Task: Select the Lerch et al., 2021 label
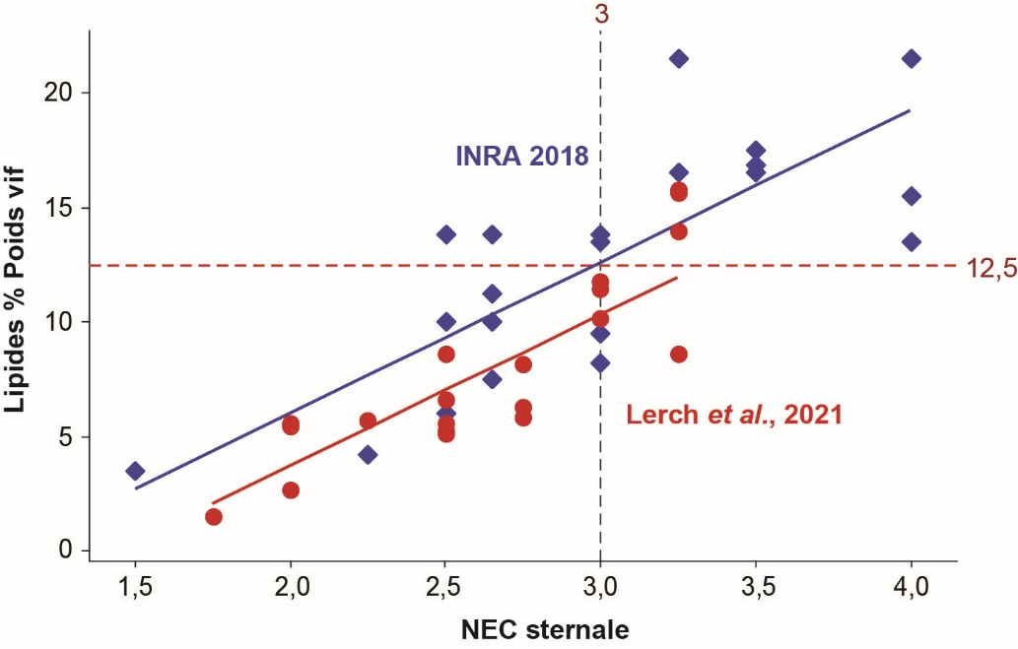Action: point(734,415)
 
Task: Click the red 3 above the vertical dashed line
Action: point(600,15)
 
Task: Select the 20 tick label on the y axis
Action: point(60,93)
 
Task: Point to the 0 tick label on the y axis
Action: point(66,552)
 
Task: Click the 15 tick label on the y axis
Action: point(60,208)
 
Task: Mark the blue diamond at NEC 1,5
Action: point(135,471)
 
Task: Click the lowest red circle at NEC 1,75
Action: point(213,517)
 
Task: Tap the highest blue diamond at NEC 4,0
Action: point(912,59)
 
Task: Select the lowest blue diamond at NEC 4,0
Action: point(912,241)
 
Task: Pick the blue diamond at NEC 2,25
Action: point(368,455)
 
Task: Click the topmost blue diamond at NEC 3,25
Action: point(678,59)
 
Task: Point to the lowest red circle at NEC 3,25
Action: point(678,354)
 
